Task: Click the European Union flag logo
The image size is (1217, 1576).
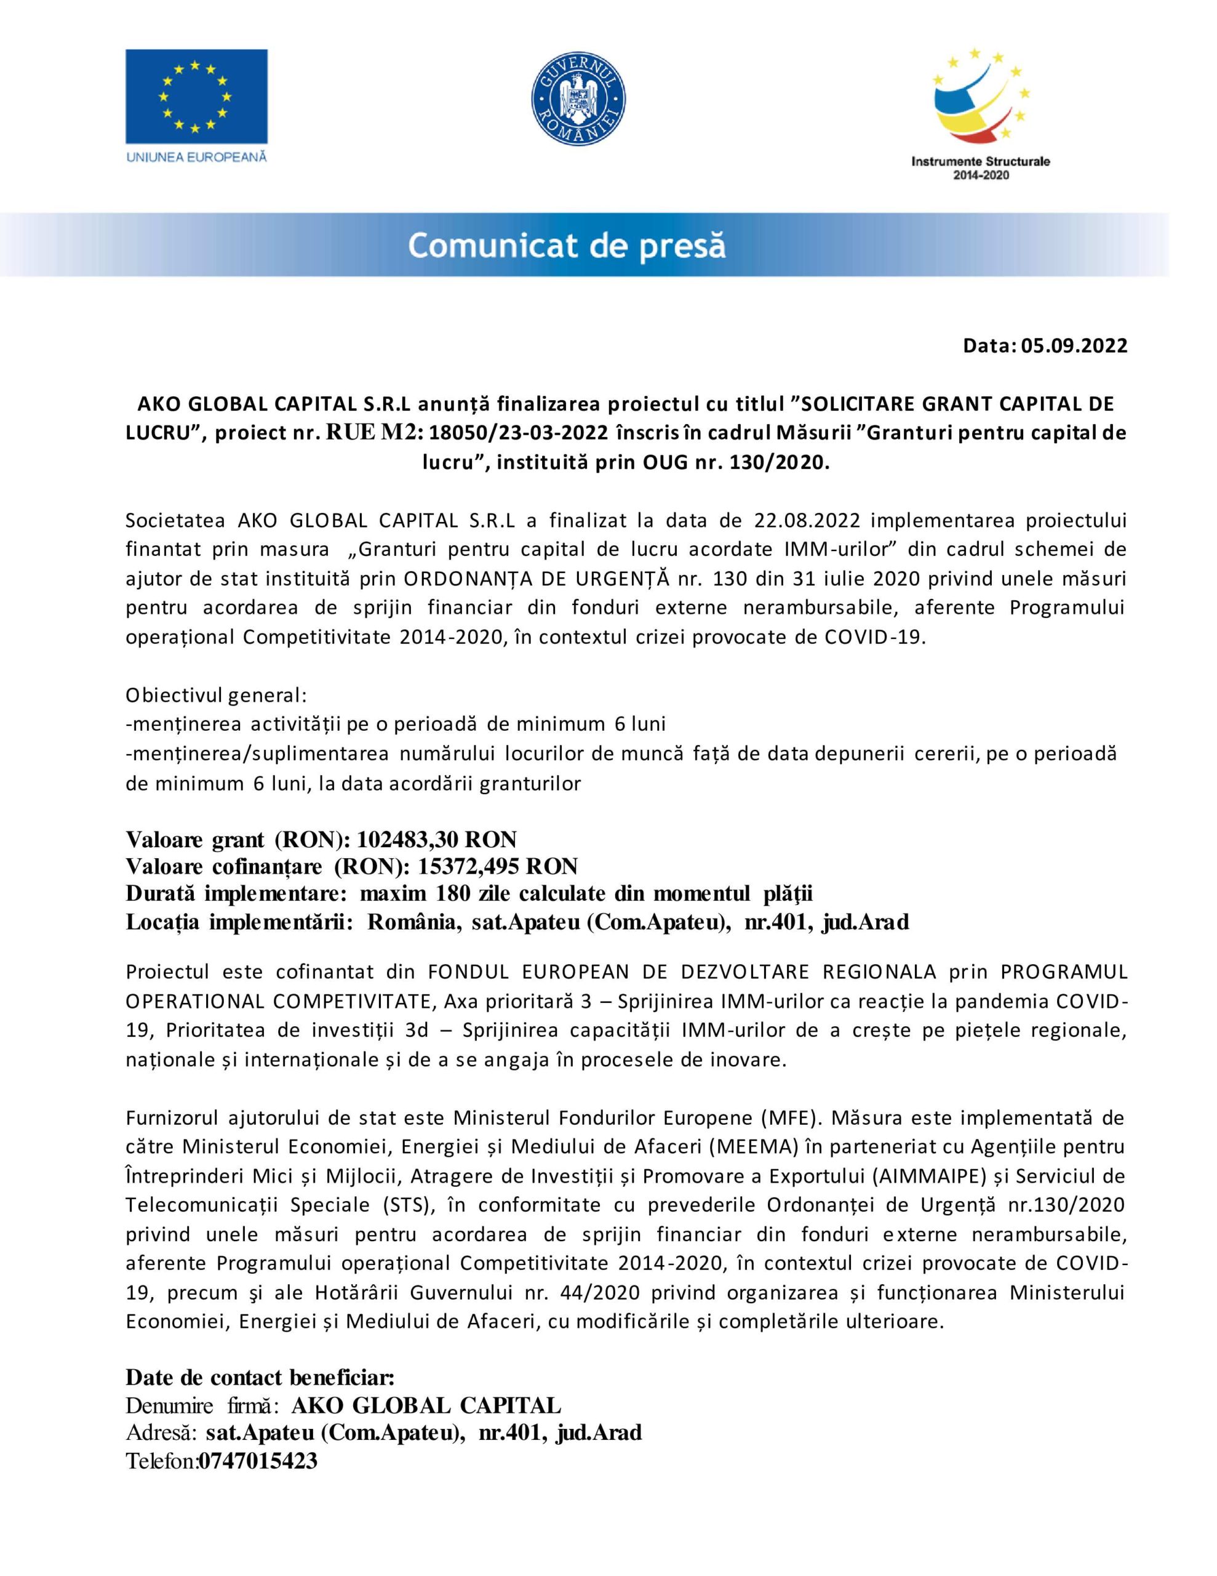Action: point(196,96)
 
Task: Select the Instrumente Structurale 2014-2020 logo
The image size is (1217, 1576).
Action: point(980,116)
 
